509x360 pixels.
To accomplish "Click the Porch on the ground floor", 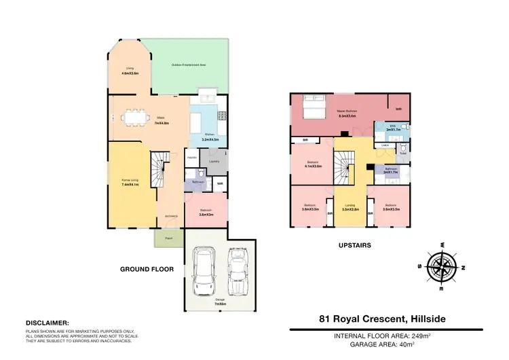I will point(164,238).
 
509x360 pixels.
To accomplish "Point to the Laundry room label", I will point(214,161).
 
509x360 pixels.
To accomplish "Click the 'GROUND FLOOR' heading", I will point(147,270).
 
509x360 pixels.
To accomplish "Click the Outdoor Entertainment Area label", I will point(189,65).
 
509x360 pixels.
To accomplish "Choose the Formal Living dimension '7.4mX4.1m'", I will point(130,184).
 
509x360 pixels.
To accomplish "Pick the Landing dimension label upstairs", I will point(350,209).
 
